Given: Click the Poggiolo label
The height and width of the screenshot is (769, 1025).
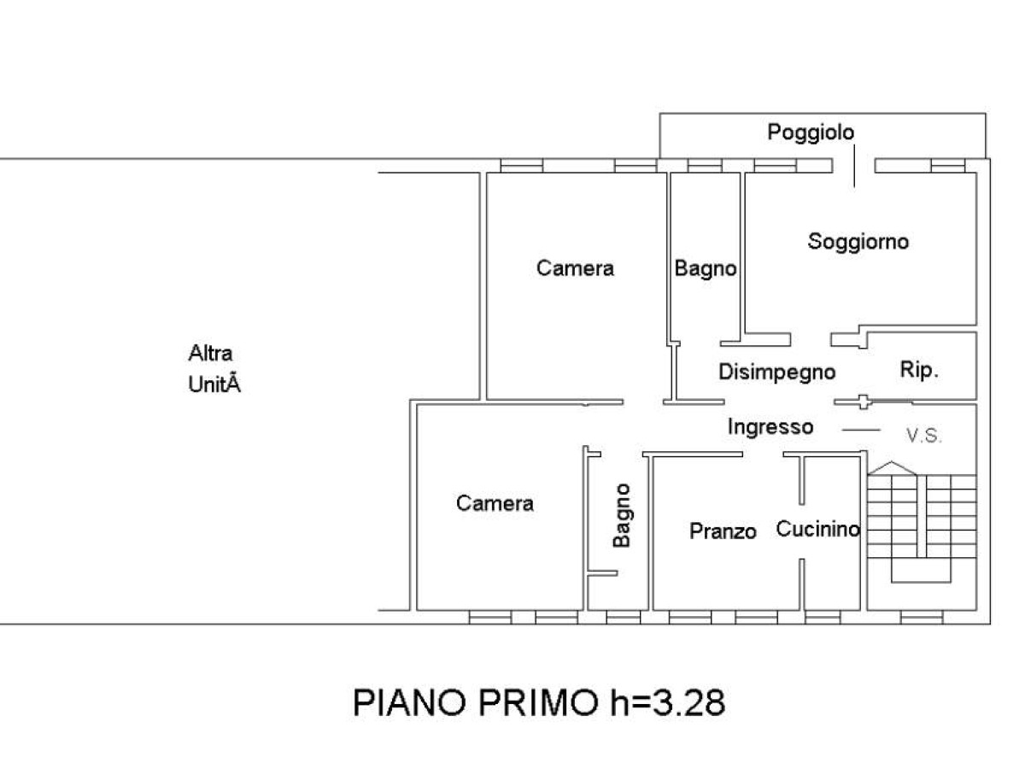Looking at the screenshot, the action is [x=811, y=132].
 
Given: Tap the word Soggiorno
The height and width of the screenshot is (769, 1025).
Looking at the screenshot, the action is [x=858, y=243].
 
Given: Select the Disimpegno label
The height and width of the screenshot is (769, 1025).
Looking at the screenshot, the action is [x=777, y=373].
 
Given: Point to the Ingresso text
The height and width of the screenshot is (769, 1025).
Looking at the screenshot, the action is [x=770, y=427].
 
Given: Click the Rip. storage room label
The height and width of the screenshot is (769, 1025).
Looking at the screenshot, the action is [x=919, y=370].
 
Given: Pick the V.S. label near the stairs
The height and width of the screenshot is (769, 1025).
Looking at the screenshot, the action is [x=924, y=436].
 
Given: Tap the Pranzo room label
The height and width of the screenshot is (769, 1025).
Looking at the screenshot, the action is [x=723, y=531].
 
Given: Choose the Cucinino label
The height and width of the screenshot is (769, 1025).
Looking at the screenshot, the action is [x=817, y=529].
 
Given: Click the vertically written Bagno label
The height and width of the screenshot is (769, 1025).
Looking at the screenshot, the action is [x=622, y=515].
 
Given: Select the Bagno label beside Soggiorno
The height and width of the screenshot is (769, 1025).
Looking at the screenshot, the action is [x=706, y=269].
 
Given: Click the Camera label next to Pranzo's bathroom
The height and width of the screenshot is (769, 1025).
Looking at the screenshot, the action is [x=495, y=503].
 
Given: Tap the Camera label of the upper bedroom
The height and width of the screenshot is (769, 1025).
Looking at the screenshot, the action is [x=576, y=268].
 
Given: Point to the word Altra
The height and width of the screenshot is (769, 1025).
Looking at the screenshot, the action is [x=211, y=354].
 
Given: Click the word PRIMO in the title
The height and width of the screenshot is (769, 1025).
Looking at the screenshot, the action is [x=538, y=702].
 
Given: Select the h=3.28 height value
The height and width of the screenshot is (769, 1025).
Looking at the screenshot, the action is [x=668, y=702].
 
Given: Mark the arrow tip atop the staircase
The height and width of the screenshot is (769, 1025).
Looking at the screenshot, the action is [x=892, y=461].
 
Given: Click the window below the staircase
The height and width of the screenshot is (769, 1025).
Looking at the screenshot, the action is [x=922, y=617].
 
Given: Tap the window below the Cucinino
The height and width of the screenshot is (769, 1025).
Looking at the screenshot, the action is [x=823, y=617].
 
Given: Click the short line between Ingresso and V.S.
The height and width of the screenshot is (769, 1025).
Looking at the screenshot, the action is [x=861, y=430].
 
